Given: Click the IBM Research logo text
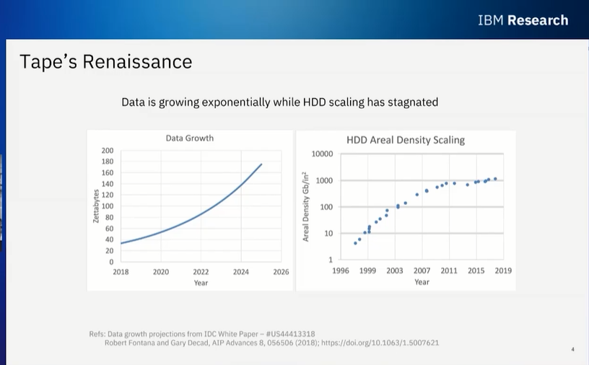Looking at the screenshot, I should (523, 20).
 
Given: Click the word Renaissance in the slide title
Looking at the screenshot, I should (137, 61).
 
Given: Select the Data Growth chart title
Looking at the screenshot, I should (190, 138).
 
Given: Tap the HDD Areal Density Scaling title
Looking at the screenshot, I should (406, 140).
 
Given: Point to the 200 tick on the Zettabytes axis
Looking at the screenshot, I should (108, 151).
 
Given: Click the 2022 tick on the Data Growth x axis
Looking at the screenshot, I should (201, 272).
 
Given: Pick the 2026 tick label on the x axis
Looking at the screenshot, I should (281, 272).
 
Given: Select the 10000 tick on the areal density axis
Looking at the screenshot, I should (321, 154).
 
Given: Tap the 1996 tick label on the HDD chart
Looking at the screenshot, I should (341, 271).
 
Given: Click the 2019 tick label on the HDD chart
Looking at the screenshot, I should (503, 271).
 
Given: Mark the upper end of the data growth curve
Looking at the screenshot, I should (261, 164).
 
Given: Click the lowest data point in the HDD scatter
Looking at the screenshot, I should (355, 243).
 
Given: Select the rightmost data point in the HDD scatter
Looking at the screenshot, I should (495, 178).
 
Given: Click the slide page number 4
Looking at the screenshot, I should (572, 350).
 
